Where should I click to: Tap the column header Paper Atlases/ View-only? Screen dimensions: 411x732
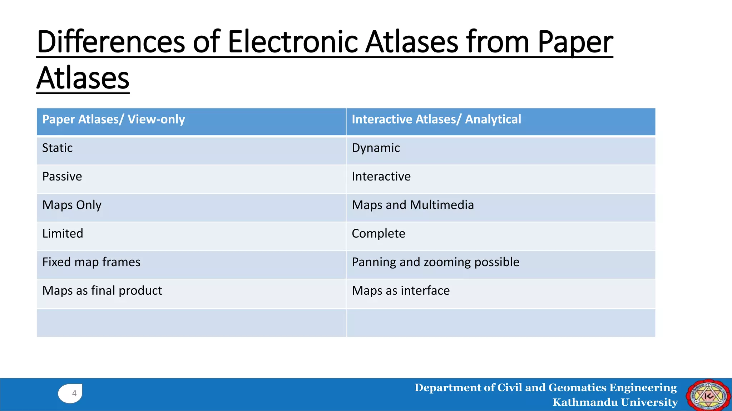tap(114, 119)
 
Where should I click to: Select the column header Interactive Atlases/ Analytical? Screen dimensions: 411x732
tap(436, 119)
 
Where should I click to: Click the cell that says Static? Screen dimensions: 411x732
tap(57, 148)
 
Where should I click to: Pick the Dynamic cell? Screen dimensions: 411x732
tap(376, 148)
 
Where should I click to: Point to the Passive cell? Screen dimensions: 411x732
tap(62, 176)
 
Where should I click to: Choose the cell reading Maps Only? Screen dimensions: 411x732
tap(72, 205)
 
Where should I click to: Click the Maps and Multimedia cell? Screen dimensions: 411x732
tap(412, 205)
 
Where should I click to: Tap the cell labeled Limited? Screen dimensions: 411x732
tap(63, 233)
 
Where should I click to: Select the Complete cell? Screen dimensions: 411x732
tap(378, 233)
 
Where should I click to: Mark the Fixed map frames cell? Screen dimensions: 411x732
tap(91, 262)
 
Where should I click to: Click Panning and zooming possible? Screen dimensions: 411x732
tap(435, 262)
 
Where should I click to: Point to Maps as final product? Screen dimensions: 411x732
tap(102, 290)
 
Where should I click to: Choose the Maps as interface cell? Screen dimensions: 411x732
tap(400, 290)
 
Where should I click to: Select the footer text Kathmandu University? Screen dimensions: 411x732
tap(615, 402)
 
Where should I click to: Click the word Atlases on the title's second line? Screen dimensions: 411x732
tap(83, 78)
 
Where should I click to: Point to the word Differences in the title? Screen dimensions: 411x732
tap(111, 42)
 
